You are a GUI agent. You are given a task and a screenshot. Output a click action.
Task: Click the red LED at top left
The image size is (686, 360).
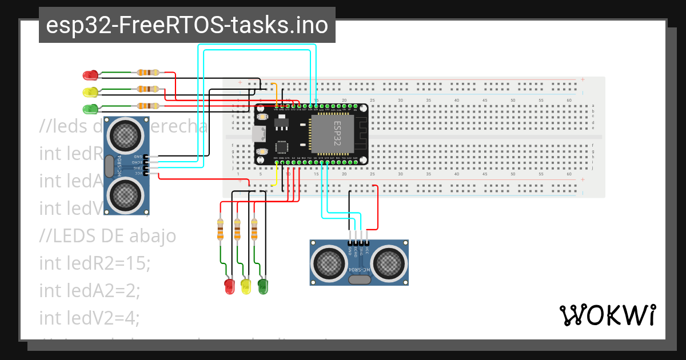pyautogui.click(x=90, y=74)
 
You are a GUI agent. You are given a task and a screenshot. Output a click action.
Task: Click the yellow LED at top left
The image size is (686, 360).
pyautogui.click(x=90, y=91)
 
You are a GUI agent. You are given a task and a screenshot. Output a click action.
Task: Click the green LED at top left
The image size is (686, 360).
pyautogui.click(x=90, y=109)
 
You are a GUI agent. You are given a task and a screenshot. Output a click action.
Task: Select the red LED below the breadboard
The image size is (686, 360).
pyautogui.click(x=229, y=286)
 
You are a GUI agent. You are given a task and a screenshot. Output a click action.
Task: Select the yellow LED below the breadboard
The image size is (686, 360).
pyautogui.click(x=246, y=286)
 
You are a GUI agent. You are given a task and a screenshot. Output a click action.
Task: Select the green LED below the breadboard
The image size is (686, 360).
pyautogui.click(x=263, y=286)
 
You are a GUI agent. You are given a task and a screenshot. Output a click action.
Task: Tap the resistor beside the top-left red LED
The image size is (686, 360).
pyautogui.click(x=148, y=73)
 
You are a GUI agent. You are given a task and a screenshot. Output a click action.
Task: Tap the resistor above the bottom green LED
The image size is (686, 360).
pyautogui.click(x=254, y=230)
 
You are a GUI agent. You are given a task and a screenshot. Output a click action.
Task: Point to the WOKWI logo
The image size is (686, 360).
pyautogui.click(x=607, y=315)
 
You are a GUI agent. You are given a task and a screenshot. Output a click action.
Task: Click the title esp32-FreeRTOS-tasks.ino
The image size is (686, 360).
pyautogui.click(x=187, y=26)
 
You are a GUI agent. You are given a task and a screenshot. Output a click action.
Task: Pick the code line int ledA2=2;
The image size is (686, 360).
pyautogui.click(x=90, y=290)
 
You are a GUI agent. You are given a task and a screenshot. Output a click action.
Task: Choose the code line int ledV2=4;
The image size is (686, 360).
pyautogui.click(x=90, y=317)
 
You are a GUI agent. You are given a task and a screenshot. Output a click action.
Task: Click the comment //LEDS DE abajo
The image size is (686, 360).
pyautogui.click(x=107, y=235)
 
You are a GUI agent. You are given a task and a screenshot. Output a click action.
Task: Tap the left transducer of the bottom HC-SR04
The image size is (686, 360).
pyautogui.click(x=328, y=263)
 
